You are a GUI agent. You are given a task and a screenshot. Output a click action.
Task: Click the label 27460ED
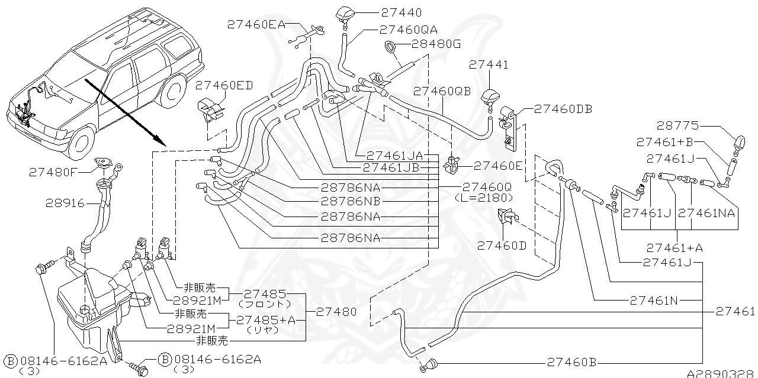223,85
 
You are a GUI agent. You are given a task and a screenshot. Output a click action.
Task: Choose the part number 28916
66,202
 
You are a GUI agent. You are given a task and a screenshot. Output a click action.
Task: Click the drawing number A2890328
721,374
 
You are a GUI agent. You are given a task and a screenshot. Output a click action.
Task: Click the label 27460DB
563,109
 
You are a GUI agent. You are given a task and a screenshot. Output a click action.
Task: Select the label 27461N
653,300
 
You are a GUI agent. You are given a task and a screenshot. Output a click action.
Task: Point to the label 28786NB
351,202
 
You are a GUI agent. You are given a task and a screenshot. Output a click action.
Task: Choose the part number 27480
336,311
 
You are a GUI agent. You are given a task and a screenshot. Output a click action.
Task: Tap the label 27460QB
442,92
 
